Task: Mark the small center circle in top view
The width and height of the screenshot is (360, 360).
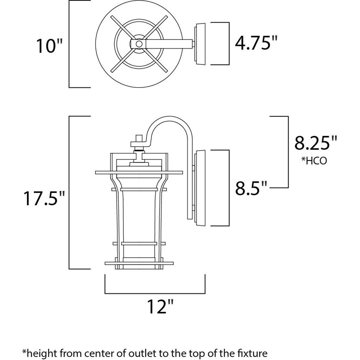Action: [139, 44]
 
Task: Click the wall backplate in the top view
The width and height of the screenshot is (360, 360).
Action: [200, 44]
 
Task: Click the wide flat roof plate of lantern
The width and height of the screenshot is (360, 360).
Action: [139, 173]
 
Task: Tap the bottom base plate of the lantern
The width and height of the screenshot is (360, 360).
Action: [139, 264]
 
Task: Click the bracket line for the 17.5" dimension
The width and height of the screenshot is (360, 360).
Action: [70, 192]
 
